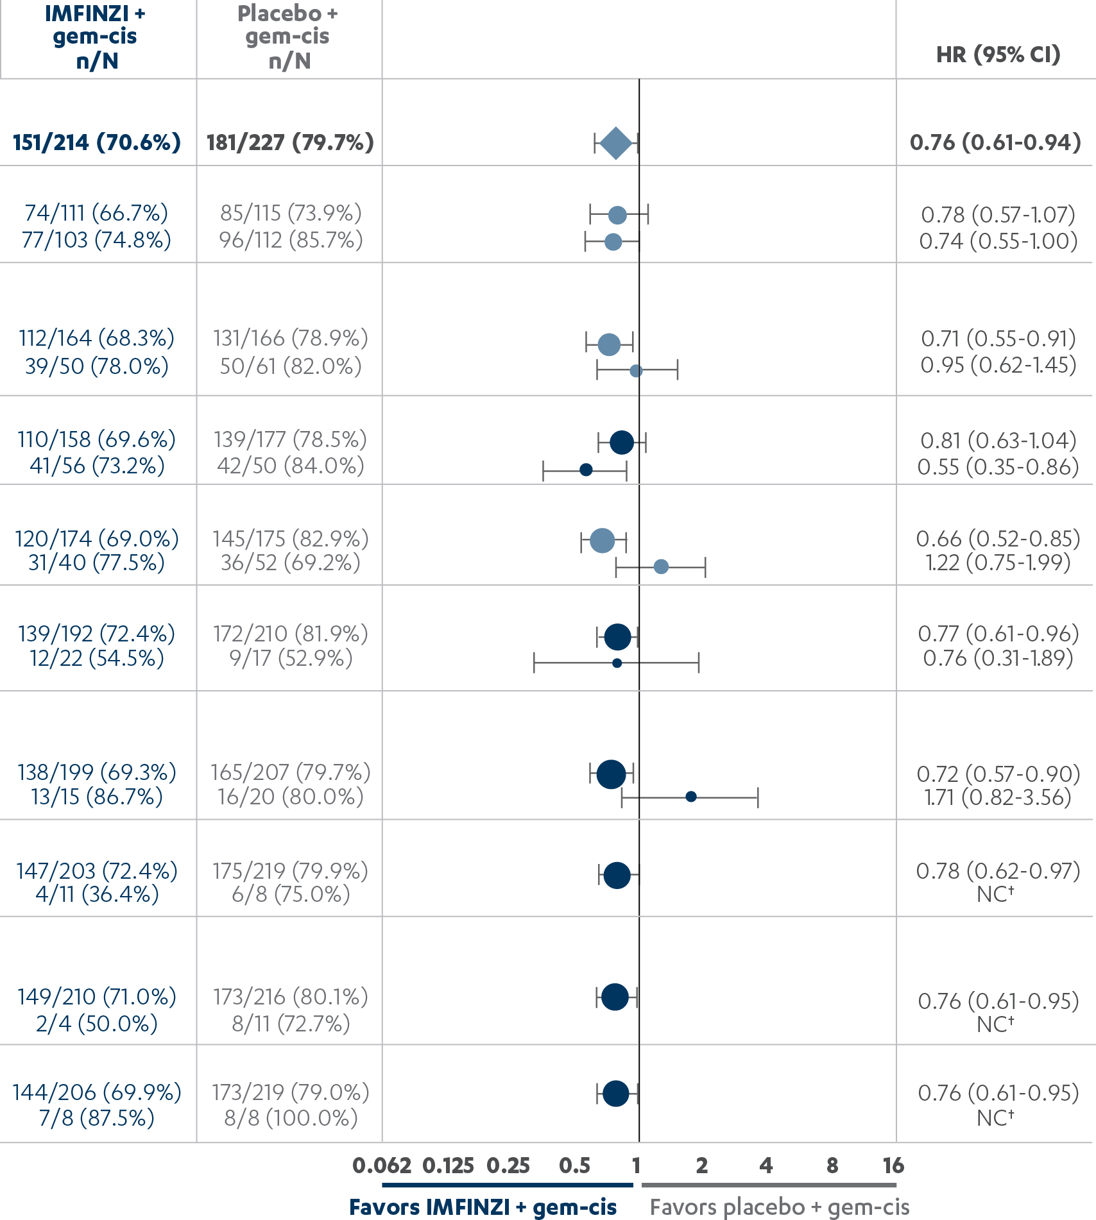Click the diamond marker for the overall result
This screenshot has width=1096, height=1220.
pyautogui.click(x=616, y=143)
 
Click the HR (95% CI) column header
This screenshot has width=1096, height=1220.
pyautogui.click(x=998, y=55)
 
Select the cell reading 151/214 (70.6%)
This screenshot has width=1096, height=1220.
pyautogui.click(x=97, y=142)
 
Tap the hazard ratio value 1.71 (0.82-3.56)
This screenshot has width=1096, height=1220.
pyautogui.click(x=998, y=797)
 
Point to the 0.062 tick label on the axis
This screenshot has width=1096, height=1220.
pyautogui.click(x=382, y=1165)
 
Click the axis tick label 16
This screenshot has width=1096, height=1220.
pyautogui.click(x=893, y=1165)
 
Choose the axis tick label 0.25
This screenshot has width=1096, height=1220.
pyautogui.click(x=508, y=1165)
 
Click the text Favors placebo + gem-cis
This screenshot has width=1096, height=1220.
pyautogui.click(x=780, y=1207)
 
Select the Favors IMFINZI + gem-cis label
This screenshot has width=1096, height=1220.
pyautogui.click(x=483, y=1207)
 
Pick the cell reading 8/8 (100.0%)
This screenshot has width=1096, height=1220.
pyautogui.click(x=291, y=1118)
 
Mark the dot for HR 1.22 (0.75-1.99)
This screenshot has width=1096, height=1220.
pyautogui.click(x=661, y=566)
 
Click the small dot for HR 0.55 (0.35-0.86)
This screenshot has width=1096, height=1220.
pyautogui.click(x=586, y=470)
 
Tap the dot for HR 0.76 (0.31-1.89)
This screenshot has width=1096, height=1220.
pyautogui.click(x=617, y=663)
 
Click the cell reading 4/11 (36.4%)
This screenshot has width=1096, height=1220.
pyautogui.click(x=97, y=894)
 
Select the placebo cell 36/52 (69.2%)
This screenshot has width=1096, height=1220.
pyautogui.click(x=291, y=563)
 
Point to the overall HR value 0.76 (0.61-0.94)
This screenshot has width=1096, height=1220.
pyautogui.click(x=995, y=142)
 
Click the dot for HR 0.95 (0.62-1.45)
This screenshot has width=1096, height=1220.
pyautogui.click(x=636, y=371)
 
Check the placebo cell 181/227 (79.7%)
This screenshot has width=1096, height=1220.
pyautogui.click(x=290, y=142)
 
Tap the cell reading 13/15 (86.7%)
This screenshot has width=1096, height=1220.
pyautogui.click(x=97, y=797)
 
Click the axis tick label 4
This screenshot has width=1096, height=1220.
pyautogui.click(x=766, y=1165)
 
